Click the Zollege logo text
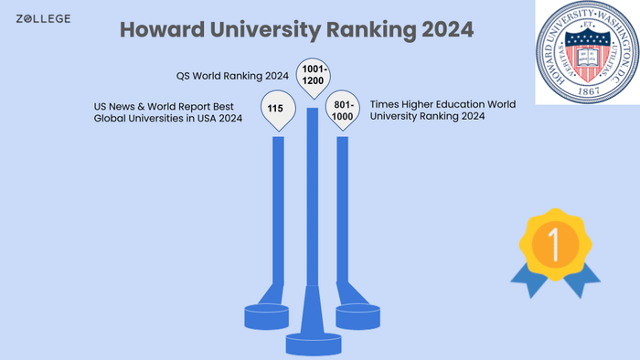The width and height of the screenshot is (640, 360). click(x=43, y=18)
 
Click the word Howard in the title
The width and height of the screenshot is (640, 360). click(x=164, y=29)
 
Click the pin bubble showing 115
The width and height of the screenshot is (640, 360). click(x=275, y=109)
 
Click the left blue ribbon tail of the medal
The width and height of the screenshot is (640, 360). click(x=527, y=282)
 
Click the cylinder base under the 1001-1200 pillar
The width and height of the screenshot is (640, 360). click(x=311, y=343)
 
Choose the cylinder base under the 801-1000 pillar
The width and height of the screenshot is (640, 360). click(x=357, y=316)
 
